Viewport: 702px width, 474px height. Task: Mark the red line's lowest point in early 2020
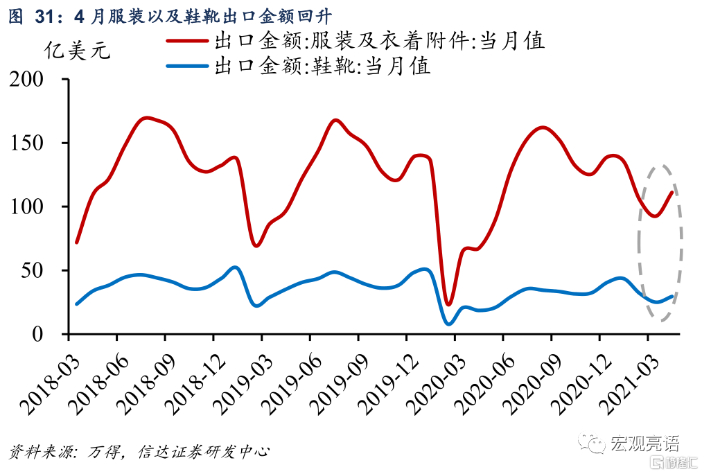coord(448,304)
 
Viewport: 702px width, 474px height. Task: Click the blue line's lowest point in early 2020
coord(449,324)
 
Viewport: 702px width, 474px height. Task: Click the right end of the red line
coord(672,192)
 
